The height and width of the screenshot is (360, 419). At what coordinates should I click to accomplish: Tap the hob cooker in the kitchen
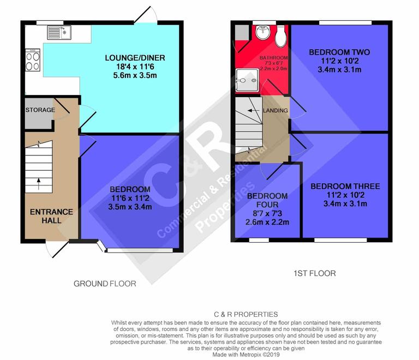point(33,60)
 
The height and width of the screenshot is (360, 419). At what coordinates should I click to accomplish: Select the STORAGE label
point(40,110)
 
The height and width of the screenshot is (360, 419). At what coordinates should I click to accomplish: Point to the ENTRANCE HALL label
point(51,216)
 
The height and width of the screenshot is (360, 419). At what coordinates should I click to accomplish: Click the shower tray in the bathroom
point(245,79)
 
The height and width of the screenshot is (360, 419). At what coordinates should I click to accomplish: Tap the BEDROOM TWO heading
point(339,52)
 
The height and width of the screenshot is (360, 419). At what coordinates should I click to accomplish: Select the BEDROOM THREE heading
point(345,187)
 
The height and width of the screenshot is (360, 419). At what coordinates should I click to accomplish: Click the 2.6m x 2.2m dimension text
point(267,222)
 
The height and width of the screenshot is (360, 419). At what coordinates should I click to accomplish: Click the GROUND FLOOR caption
point(105,284)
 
